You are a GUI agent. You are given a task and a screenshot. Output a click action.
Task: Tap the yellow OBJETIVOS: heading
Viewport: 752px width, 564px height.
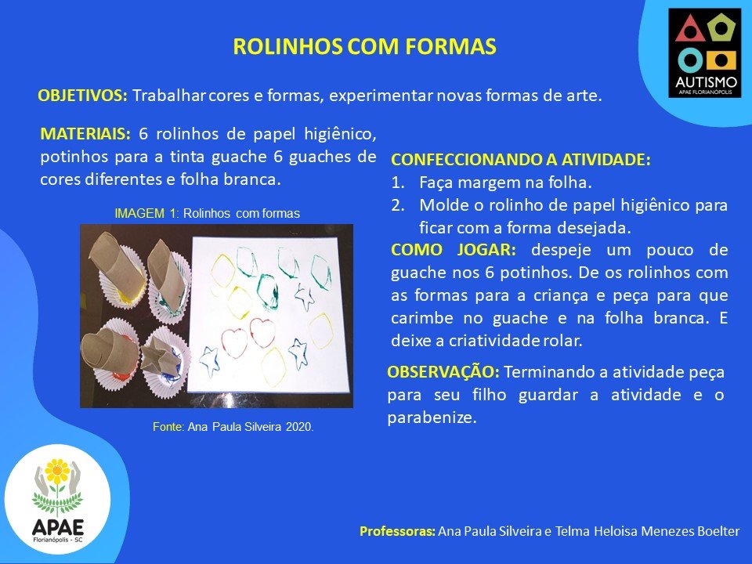pos(82,96)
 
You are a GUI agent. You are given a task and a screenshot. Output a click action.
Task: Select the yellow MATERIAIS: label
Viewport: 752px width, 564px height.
pos(85,134)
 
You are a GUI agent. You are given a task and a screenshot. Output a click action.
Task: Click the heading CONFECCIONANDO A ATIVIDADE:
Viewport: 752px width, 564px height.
pos(521,160)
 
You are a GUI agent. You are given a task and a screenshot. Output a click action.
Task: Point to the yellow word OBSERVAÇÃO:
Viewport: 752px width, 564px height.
pos(443,371)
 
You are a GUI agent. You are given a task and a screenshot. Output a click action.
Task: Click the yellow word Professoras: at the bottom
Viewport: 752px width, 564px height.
pos(398,531)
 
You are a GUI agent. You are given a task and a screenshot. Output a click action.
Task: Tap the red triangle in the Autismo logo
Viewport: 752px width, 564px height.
pos(689,29)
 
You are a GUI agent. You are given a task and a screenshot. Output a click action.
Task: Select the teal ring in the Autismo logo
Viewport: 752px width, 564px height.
pos(689,61)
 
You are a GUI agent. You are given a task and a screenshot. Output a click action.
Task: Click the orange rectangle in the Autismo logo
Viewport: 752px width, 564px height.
pos(721,61)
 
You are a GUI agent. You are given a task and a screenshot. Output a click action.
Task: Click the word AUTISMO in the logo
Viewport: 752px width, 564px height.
pos(706,82)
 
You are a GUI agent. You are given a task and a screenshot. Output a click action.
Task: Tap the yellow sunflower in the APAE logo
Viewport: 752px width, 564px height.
pos(57,471)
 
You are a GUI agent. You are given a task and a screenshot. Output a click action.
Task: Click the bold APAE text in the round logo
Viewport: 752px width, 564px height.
pos(57,527)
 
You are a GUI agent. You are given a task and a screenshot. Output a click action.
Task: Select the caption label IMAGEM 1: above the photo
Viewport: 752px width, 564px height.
pos(146,213)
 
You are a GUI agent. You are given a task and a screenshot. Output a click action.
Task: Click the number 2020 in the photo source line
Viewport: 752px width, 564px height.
pos(299,427)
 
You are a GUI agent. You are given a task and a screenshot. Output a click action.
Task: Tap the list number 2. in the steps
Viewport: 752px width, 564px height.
pos(398,205)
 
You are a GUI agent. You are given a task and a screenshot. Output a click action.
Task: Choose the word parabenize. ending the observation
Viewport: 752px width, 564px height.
pos(432,418)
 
